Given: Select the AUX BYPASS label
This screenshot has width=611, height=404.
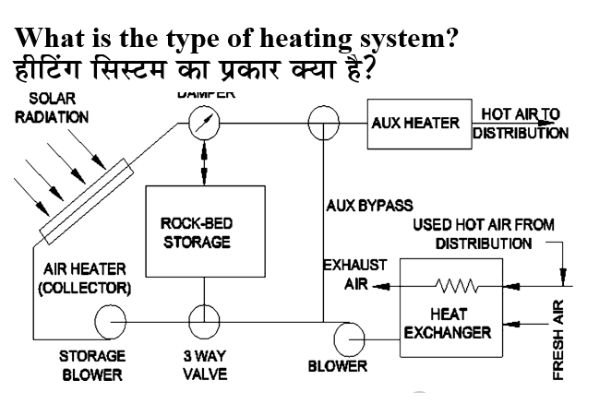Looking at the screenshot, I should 369,204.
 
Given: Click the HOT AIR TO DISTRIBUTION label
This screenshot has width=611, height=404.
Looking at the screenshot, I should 520,123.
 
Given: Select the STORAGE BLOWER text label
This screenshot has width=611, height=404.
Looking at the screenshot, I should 92,365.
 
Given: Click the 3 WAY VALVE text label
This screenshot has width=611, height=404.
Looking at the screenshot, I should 199,365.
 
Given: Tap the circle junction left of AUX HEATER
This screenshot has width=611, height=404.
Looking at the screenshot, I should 324,121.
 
